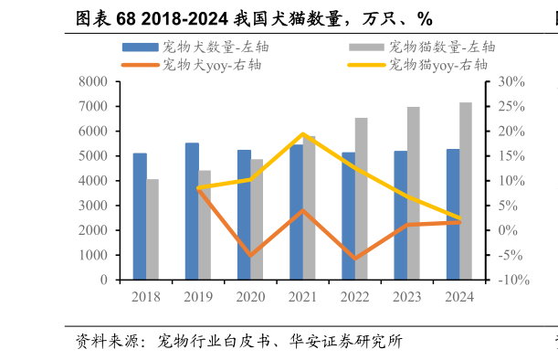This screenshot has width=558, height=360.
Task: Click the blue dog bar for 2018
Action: click(x=140, y=217)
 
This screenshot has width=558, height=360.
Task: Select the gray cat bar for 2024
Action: click(x=466, y=191)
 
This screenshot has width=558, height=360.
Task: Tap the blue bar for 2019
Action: click(x=192, y=211)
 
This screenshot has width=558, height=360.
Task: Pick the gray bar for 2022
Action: click(x=361, y=198)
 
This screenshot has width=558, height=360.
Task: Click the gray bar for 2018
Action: click(x=153, y=229)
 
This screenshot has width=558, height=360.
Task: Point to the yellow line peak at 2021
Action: click(x=303, y=134)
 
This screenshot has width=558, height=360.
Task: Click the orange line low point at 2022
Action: click(x=354, y=259)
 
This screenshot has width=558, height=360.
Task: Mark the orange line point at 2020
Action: click(x=250, y=255)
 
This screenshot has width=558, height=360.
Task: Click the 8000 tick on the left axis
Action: click(x=93, y=82)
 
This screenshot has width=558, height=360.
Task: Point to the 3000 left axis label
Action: click(x=93, y=206)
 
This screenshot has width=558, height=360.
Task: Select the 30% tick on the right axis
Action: click(x=510, y=82)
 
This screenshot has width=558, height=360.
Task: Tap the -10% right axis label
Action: click(x=511, y=280)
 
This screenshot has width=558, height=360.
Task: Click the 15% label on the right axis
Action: click(x=510, y=156)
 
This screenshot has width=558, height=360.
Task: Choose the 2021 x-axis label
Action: click(x=302, y=297)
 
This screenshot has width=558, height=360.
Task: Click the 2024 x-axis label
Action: click(x=459, y=297)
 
